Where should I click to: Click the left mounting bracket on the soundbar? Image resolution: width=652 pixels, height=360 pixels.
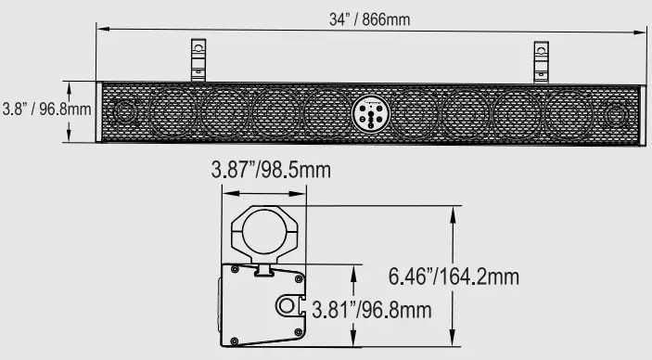[198, 60]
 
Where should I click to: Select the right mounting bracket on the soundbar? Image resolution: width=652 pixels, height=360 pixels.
[542, 60]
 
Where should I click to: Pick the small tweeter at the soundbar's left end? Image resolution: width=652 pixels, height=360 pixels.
[123, 114]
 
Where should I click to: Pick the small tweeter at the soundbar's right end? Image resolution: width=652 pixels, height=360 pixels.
[613, 114]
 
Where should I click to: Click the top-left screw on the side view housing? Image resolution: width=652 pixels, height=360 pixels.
[235, 270]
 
